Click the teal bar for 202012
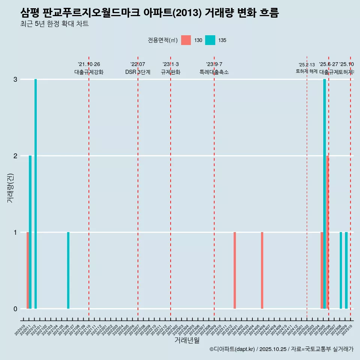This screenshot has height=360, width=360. click(x=36, y=194)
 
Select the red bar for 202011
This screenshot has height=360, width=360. click(x=28, y=270)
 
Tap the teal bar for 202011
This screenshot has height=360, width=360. click(x=30, y=232)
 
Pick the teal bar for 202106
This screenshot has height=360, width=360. click(x=68, y=270)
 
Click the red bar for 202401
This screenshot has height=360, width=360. click(x=235, y=270)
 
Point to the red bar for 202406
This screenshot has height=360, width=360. click(x=262, y=270)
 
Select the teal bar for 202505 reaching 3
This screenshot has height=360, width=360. click(x=325, y=194)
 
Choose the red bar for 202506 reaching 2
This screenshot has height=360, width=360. click(x=327, y=232)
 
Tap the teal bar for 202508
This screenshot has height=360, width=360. click(x=341, y=270)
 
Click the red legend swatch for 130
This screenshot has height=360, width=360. click(x=186, y=40)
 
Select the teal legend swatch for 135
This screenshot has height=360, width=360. click(x=210, y=40)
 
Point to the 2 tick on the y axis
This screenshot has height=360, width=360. click(x=15, y=156)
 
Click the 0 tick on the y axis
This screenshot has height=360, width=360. click(x=15, y=309)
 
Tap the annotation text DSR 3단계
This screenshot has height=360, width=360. click(x=138, y=72)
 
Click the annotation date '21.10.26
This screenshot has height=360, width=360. click(x=89, y=64)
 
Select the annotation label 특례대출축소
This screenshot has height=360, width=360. click(x=214, y=72)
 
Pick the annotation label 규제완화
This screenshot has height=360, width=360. click(x=171, y=72)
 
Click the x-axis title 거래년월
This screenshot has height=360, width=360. click(x=187, y=340)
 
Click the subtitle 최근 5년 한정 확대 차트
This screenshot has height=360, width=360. click(x=54, y=24)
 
